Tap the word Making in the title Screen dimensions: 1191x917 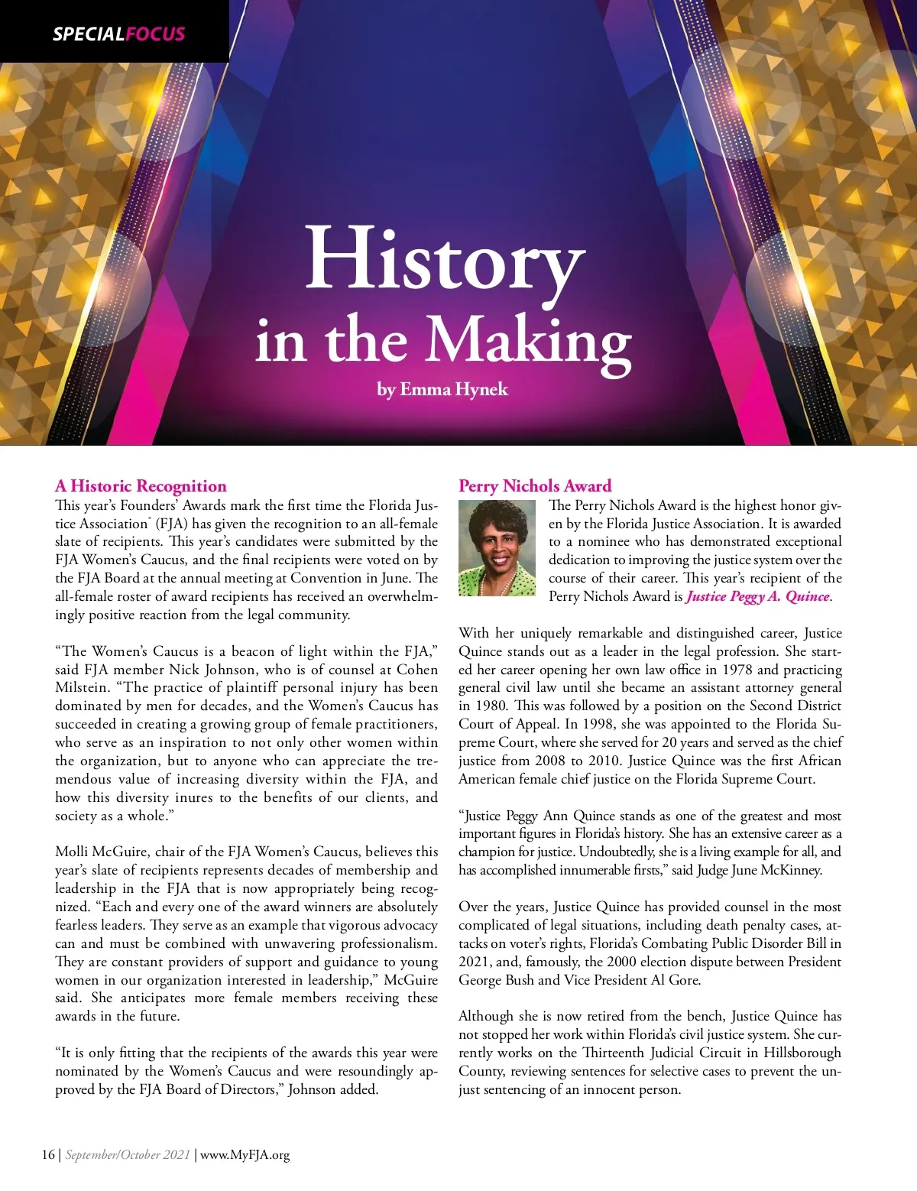click(x=527, y=340)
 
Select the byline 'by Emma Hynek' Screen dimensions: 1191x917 click(x=442, y=389)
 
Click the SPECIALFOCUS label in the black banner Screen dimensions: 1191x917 click(x=118, y=34)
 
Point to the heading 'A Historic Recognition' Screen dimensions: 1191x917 click(x=141, y=486)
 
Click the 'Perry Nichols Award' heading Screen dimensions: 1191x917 click(x=535, y=485)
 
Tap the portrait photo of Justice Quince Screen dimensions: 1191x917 click(x=497, y=548)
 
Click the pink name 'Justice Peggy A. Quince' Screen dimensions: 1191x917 click(x=757, y=596)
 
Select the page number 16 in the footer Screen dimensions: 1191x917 click(x=47, y=1154)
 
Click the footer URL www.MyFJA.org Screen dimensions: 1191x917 click(x=245, y=1154)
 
